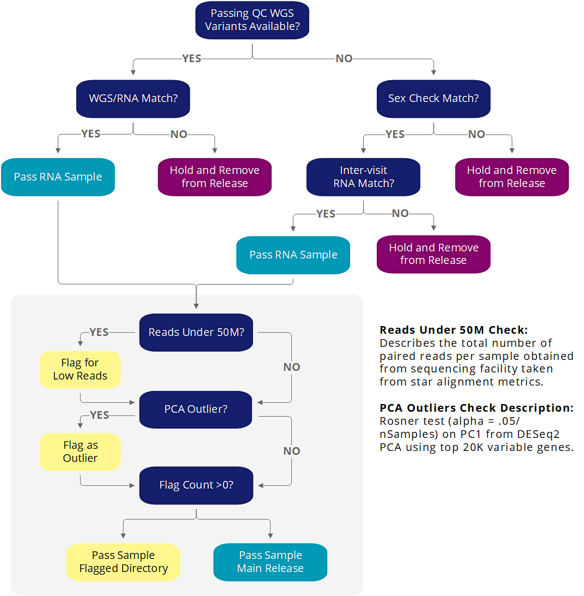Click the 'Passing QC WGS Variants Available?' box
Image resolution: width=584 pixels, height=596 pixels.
252,20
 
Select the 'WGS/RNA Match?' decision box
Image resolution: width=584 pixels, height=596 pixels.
133,99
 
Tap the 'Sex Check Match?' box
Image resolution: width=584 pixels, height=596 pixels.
434,99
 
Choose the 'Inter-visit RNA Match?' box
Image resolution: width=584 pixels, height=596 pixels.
363,177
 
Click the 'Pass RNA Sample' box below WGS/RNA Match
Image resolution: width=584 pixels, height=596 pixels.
58,177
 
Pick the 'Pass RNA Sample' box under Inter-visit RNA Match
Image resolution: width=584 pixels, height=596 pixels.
293,255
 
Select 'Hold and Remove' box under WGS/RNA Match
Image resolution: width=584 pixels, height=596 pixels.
214,177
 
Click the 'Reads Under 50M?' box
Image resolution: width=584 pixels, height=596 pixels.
196,332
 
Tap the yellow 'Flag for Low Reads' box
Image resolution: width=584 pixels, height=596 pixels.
80,369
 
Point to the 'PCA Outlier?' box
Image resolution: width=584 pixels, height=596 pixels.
196,408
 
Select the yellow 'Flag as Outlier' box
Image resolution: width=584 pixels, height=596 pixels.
80,451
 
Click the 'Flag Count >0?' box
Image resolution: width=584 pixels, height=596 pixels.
196,485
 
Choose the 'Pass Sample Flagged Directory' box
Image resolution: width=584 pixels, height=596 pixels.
123,562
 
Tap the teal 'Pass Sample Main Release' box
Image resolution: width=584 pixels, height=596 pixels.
270,562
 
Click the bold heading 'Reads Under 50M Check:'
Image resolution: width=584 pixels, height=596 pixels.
454,330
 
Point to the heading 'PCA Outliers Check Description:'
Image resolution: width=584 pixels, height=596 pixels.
476,408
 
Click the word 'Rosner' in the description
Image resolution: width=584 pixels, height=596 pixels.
397,421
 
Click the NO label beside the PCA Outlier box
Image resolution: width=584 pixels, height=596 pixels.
292,451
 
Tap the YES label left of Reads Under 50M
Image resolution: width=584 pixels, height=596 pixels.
99,332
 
